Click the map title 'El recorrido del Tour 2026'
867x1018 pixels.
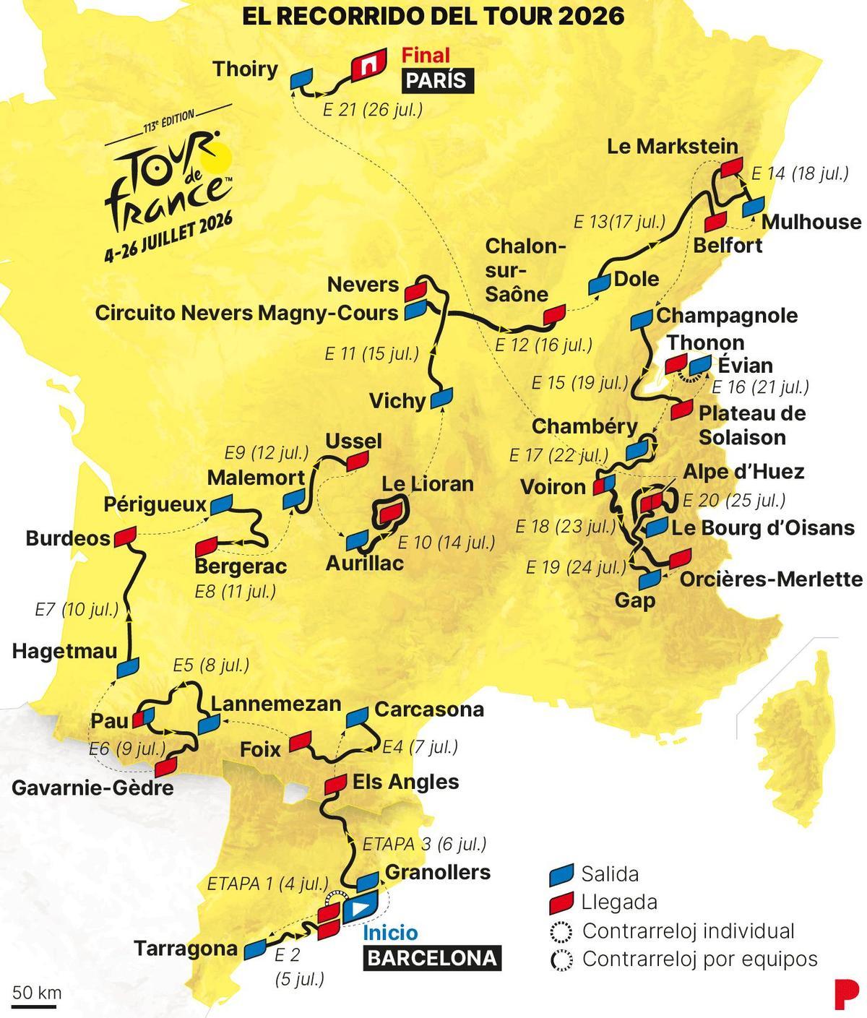click(433, 15)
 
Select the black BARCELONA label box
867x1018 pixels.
click(432, 958)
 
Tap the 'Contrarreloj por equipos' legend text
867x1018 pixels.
click(699, 959)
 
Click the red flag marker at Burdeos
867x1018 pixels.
click(125, 535)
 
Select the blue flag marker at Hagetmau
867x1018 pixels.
click(128, 667)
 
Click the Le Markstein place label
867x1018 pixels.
click(672, 147)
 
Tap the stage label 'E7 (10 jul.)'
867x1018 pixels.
click(77, 609)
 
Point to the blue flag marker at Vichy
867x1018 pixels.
click(441, 398)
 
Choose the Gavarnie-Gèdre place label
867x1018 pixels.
click(92, 787)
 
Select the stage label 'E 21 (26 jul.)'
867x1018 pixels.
click(372, 110)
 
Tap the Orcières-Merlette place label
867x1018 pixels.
click(771, 579)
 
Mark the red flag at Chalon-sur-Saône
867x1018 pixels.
click(554, 314)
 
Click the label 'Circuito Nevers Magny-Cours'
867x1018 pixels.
click(246, 313)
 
